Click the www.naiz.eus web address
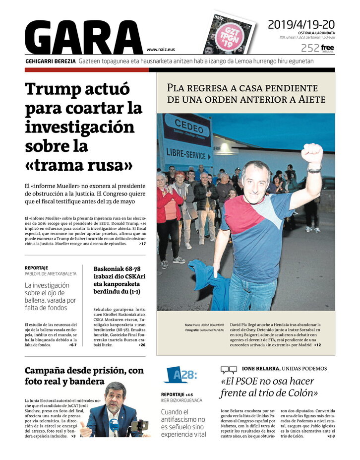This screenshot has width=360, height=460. (161, 50)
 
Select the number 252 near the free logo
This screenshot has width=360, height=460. (309, 48)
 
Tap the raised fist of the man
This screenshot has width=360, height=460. (312, 153)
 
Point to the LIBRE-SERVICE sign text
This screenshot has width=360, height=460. (183, 152)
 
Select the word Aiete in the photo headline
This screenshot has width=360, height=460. (311, 99)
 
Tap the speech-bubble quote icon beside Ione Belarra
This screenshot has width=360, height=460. (229, 369)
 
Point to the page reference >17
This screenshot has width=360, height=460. (142, 244)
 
